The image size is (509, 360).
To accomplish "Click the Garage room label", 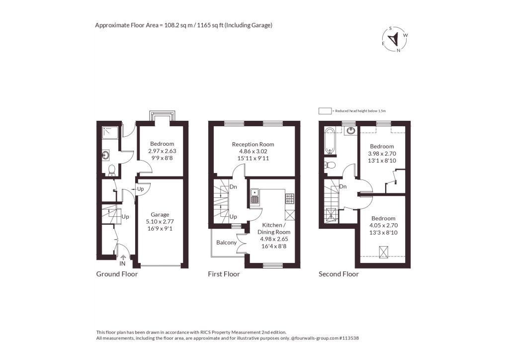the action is click(x=160, y=215).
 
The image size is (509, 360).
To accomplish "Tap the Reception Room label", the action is click(x=253, y=144).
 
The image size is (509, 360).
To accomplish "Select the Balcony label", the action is click(x=226, y=243).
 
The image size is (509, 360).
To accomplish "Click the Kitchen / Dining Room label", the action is click(x=274, y=229).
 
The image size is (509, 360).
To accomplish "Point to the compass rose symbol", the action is click(x=395, y=39).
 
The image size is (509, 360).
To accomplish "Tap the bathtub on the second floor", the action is click(x=330, y=141).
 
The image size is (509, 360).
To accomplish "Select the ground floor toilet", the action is click(x=112, y=170).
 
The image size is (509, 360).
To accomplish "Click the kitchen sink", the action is click(x=255, y=196).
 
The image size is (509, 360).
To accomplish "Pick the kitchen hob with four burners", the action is click(x=290, y=199).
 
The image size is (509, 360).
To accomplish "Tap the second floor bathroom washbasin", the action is click(x=350, y=130).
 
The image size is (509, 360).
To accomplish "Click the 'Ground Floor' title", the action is click(x=117, y=274).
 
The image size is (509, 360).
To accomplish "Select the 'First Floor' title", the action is click(x=224, y=274).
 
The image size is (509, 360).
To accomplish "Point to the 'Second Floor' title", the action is click(x=339, y=274).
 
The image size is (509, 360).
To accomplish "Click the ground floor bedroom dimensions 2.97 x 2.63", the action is click(x=162, y=151).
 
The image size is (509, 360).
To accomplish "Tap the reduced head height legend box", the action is click(x=325, y=111).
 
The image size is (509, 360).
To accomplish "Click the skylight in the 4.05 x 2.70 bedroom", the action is click(x=384, y=252).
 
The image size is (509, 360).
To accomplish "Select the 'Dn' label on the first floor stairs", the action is click(x=233, y=187).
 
